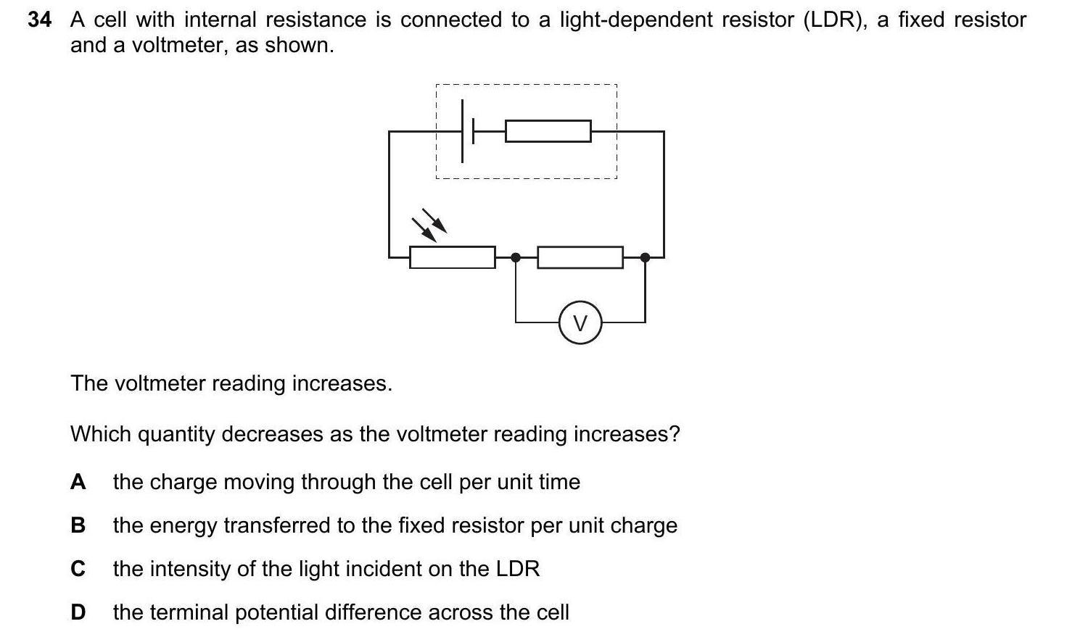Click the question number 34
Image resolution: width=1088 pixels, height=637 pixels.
tap(39, 20)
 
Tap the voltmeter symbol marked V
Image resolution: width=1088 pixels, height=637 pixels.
tap(580, 323)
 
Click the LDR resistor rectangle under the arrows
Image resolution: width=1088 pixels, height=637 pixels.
tap(452, 257)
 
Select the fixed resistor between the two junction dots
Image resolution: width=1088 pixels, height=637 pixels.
tap(580, 257)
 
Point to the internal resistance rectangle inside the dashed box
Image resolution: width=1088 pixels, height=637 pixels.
tap(548, 131)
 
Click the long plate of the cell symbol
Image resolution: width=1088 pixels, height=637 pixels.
tap(463, 131)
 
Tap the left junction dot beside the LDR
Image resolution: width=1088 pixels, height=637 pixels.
tap(516, 257)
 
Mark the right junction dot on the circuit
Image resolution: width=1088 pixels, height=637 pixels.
tap(645, 257)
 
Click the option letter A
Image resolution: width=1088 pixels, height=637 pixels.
tap(78, 482)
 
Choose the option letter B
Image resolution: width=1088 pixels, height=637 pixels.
tap(78, 525)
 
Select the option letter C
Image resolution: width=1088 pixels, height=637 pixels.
tap(78, 569)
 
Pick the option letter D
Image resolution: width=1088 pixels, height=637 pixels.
tap(78, 612)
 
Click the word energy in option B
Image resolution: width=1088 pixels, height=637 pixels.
tap(184, 525)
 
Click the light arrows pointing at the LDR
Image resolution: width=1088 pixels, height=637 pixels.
tap(429, 224)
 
